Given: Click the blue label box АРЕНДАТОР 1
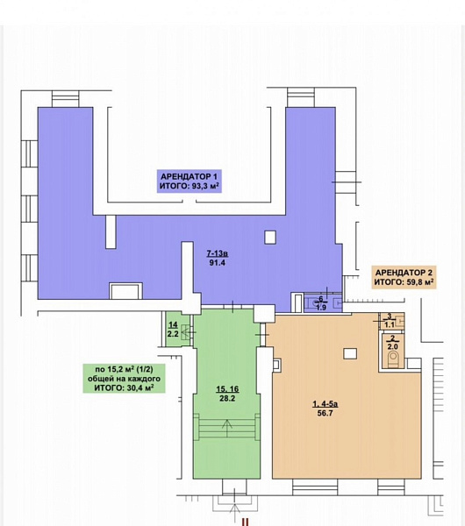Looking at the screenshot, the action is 190,181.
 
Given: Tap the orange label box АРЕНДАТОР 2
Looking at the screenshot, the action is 404,277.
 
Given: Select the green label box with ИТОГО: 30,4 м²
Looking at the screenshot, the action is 125,379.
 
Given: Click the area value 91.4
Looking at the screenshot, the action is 218,263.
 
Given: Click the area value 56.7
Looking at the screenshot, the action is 325,413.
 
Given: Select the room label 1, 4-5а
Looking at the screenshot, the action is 325,404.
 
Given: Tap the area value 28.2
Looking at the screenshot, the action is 227,399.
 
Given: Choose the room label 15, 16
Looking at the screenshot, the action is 227,389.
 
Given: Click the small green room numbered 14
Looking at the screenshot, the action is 176,329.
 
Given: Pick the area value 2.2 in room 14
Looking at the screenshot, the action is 173,334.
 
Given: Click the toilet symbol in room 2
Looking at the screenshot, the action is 393,359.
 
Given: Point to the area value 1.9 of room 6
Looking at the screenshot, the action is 321,308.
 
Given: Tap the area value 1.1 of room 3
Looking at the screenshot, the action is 390,324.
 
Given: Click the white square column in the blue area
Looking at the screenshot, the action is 270,238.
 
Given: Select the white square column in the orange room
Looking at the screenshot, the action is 350,353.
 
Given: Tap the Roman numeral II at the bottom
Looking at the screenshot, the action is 246,522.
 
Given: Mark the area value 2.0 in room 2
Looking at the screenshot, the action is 392,347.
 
